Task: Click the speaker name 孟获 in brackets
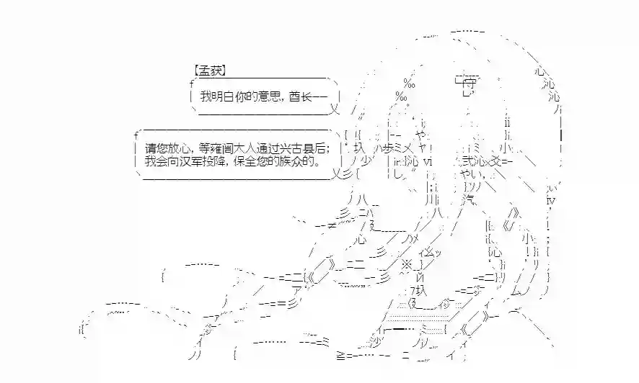[210, 71]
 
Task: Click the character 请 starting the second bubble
[150, 148]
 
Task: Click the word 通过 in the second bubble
[271, 148]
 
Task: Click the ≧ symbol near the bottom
[340, 356]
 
